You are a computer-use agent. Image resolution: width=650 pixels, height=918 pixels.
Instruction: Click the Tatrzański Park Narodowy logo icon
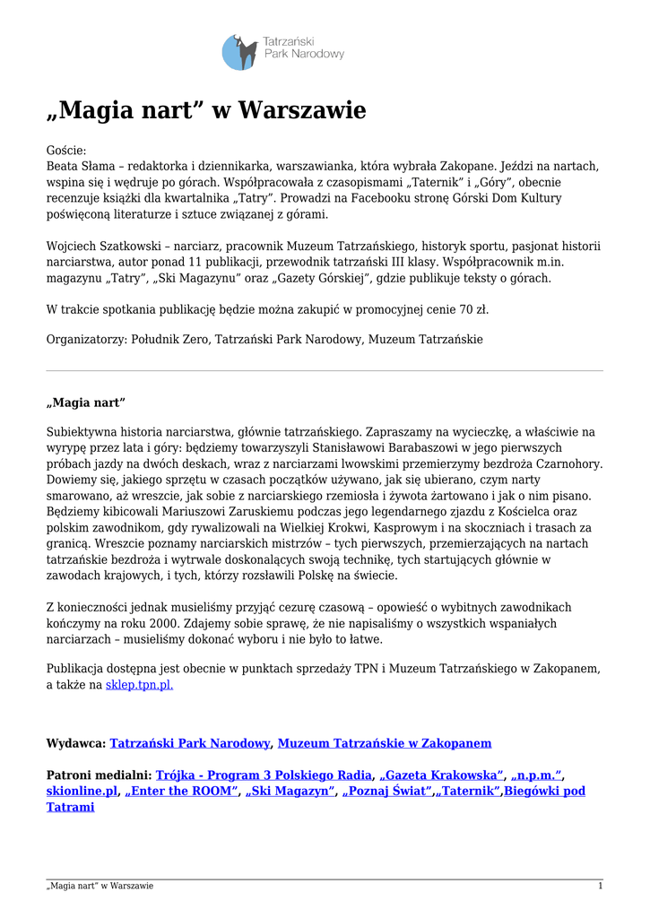(x=239, y=52)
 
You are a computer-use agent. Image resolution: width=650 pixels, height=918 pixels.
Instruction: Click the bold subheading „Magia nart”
(x=86, y=401)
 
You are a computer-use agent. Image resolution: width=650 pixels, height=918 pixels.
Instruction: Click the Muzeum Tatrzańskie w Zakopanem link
(x=385, y=743)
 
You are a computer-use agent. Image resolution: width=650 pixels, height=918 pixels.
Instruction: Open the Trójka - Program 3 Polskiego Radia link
(x=264, y=775)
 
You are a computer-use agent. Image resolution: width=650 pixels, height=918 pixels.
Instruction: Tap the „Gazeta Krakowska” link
(x=441, y=775)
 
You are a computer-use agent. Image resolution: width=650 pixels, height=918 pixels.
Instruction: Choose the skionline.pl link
(x=82, y=791)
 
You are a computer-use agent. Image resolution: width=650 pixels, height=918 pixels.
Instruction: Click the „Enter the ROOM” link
(x=182, y=791)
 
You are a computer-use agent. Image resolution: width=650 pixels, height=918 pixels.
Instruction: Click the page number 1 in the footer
(x=600, y=886)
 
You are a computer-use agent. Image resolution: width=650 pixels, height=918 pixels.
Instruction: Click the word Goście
(x=65, y=151)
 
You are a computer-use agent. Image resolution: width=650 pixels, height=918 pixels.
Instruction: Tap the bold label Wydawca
(x=75, y=743)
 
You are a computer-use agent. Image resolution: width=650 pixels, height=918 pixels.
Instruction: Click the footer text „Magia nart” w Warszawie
(x=100, y=886)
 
